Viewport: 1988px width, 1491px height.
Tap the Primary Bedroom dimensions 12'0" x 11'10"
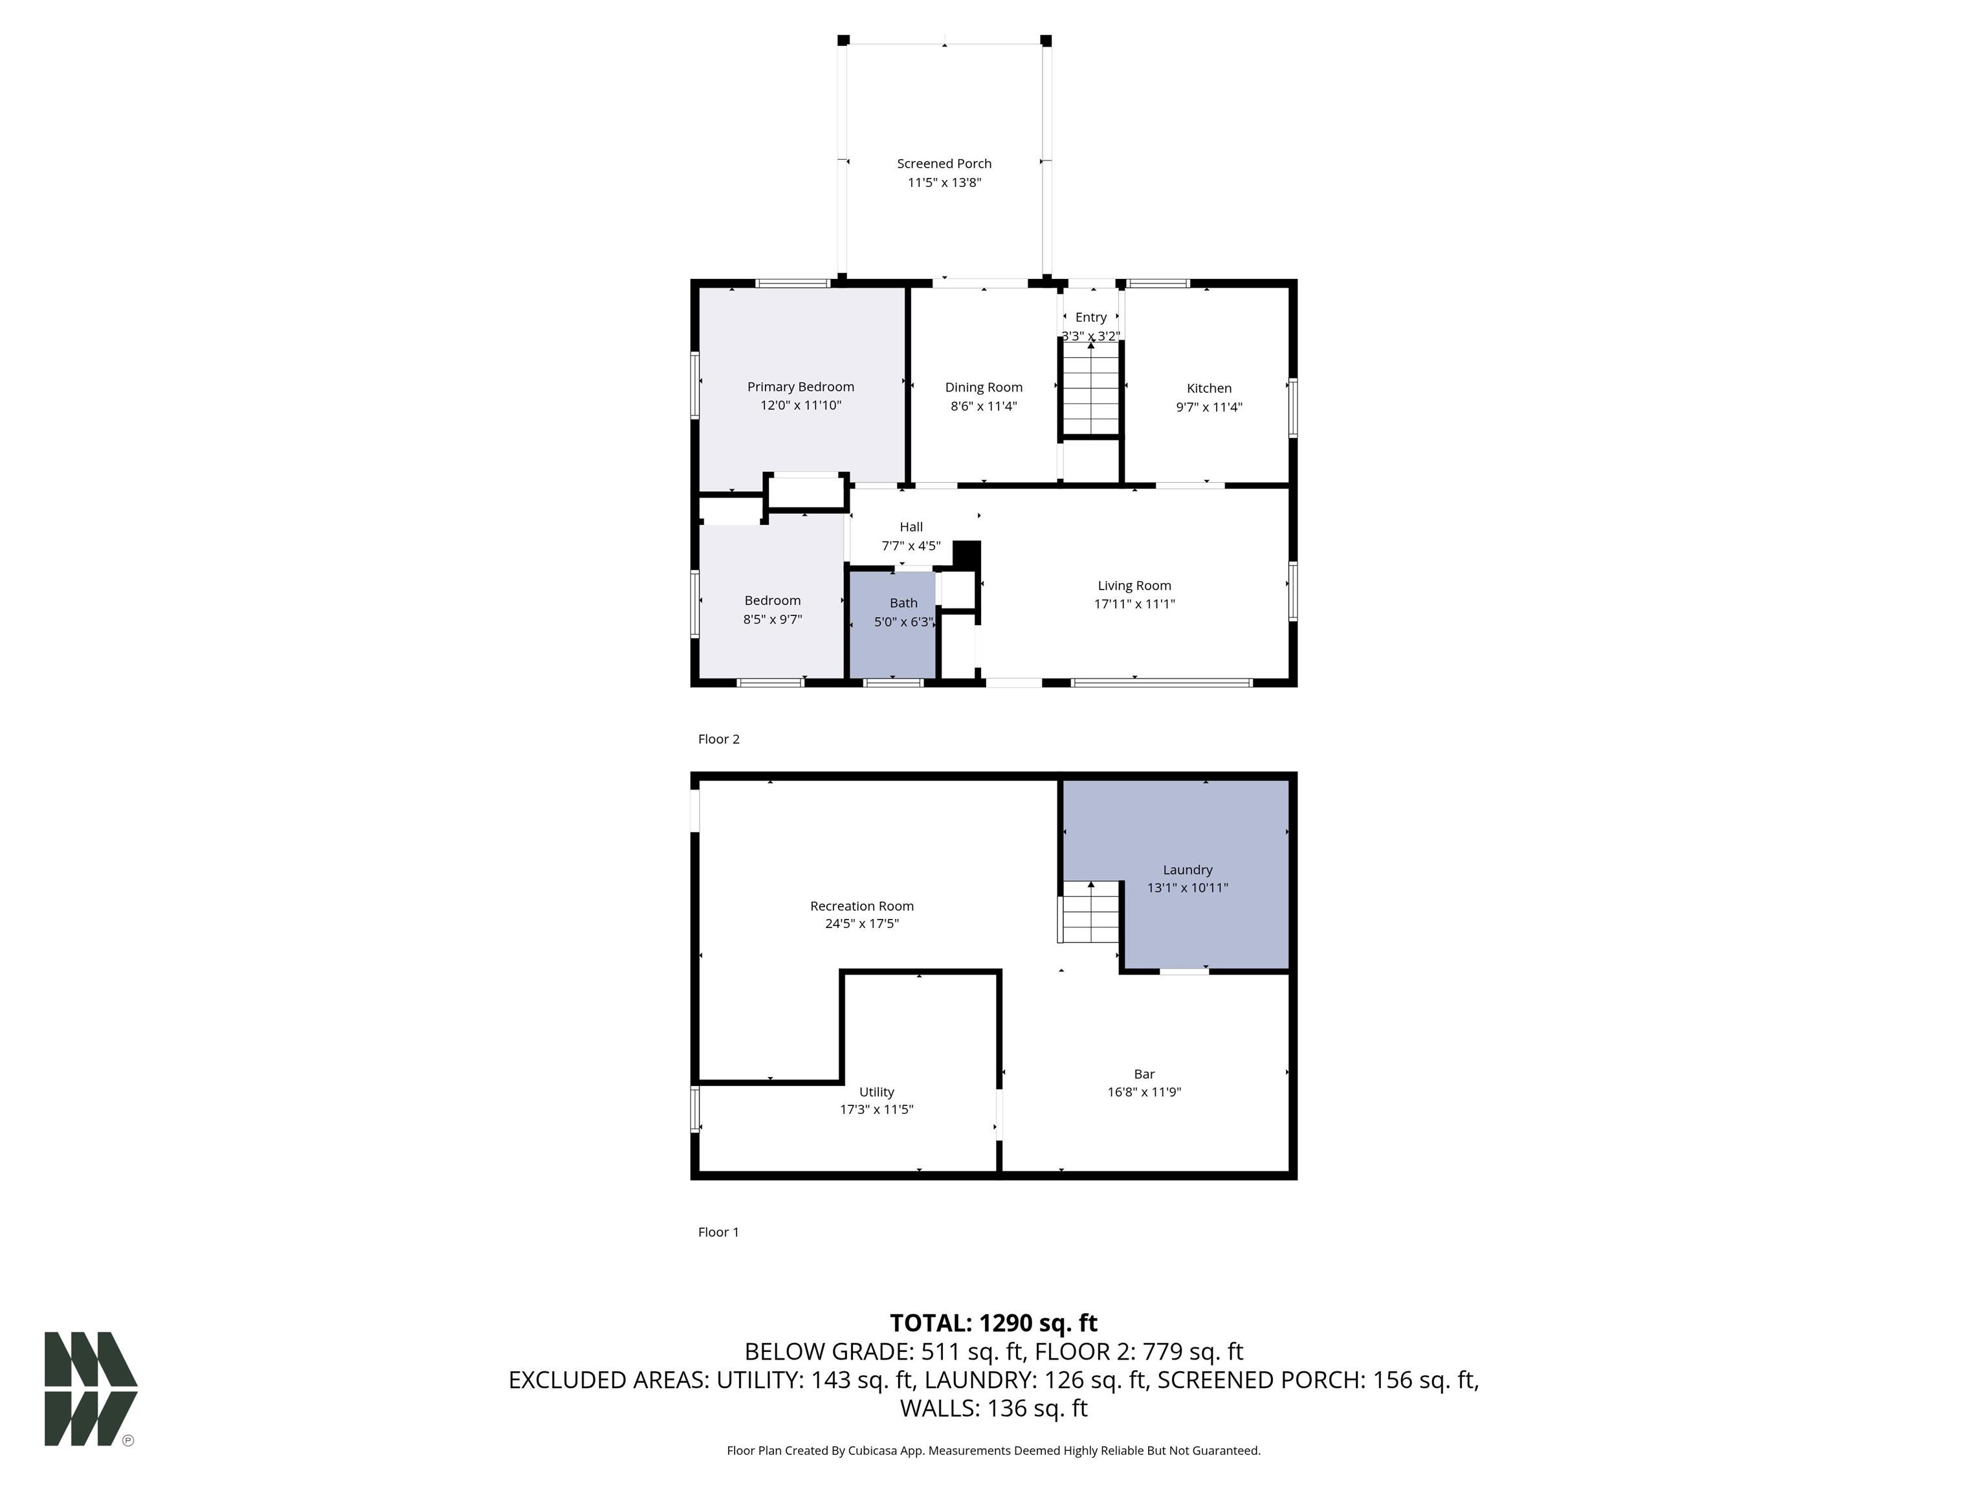(801, 405)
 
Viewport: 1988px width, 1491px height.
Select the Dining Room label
(983, 388)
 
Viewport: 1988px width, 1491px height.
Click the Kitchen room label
(1209, 388)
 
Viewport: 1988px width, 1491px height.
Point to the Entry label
(1091, 317)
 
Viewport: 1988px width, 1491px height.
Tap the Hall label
(911, 527)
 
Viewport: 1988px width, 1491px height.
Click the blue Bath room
(893, 624)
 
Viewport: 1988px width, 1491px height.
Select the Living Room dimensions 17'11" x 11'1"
(1134, 604)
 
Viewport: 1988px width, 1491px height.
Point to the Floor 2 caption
(718, 739)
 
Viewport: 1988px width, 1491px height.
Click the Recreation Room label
(862, 906)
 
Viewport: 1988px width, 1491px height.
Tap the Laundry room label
(1187, 869)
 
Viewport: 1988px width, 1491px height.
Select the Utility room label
(876, 1092)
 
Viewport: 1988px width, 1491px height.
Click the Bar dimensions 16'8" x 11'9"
(1144, 1092)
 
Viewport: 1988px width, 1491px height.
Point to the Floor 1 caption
(718, 1232)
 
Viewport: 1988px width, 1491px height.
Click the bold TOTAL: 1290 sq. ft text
(993, 1323)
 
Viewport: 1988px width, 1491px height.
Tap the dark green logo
(91, 1389)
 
